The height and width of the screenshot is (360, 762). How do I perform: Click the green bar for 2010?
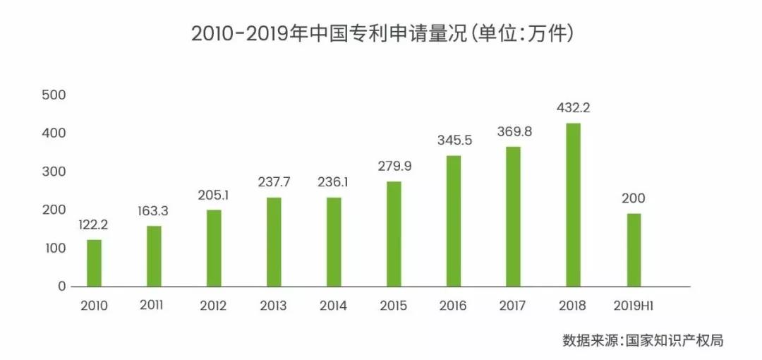click(x=94, y=263)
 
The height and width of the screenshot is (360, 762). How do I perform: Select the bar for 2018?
click(x=574, y=205)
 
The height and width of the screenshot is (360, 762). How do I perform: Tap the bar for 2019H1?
click(x=634, y=250)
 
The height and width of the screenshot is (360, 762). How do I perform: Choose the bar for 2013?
click(x=274, y=242)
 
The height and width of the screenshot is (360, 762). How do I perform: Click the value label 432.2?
click(x=574, y=109)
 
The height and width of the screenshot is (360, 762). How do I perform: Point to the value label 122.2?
click(x=94, y=225)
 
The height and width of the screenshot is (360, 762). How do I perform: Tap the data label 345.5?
click(x=454, y=140)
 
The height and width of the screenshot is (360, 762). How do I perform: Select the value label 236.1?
click(x=334, y=183)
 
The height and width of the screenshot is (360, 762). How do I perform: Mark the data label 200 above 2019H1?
click(x=634, y=198)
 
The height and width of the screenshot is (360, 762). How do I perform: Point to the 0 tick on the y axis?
click(x=61, y=287)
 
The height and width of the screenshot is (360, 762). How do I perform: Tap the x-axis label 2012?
click(x=213, y=306)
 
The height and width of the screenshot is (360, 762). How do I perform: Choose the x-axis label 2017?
click(x=513, y=306)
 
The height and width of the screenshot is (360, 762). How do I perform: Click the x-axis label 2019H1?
click(x=634, y=306)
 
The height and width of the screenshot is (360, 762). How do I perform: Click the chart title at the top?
click(x=382, y=34)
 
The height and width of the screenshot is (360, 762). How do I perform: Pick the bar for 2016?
click(x=454, y=221)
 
